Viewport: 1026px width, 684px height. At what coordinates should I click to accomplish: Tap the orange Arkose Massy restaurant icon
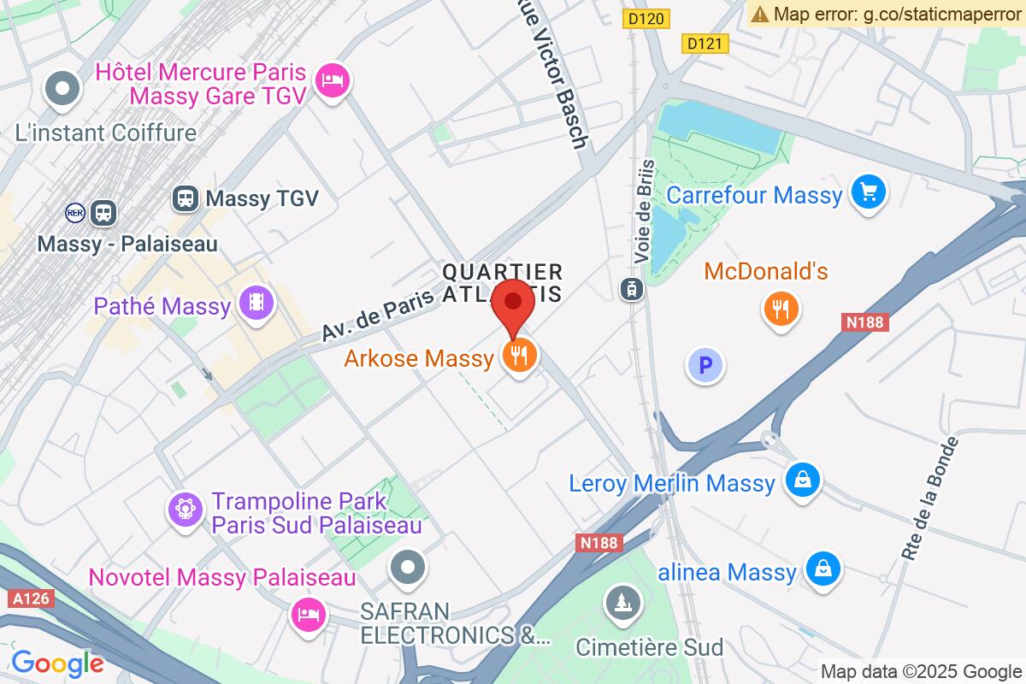(x=519, y=354)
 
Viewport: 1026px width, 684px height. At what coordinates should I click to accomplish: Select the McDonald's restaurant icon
(x=780, y=309)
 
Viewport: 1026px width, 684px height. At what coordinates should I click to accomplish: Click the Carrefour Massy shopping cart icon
(x=869, y=192)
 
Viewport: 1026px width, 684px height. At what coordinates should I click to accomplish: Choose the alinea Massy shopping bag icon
(x=823, y=570)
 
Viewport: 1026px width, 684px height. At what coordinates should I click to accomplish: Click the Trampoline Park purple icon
(x=185, y=509)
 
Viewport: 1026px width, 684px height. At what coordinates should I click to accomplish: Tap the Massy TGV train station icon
(x=184, y=198)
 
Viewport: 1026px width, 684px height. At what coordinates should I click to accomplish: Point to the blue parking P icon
(x=705, y=367)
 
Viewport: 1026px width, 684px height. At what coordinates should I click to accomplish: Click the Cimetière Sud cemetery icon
(x=620, y=604)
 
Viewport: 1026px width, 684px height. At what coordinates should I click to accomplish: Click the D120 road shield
(x=646, y=18)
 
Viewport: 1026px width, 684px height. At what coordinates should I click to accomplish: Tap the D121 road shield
(x=705, y=43)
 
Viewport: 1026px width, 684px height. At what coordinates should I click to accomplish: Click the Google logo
(x=57, y=663)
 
